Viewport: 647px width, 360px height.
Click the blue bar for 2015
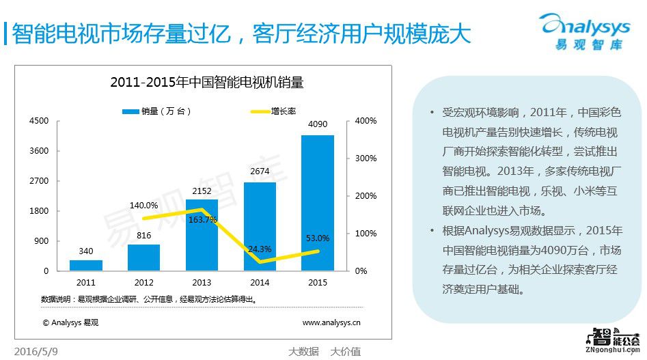318,203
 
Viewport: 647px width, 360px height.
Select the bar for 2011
86,265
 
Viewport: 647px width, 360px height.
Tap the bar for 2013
202,235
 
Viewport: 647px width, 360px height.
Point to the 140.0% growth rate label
144,205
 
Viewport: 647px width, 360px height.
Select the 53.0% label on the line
317,238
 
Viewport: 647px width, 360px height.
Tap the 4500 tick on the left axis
39,121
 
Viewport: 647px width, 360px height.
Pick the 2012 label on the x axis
144,282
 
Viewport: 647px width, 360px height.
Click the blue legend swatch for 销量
130,111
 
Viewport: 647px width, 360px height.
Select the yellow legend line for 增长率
260,111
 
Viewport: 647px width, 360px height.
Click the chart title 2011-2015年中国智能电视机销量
206,83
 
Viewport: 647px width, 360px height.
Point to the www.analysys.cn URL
331,322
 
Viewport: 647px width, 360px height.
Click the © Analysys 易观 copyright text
70,322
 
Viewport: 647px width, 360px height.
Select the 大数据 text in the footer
303,352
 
